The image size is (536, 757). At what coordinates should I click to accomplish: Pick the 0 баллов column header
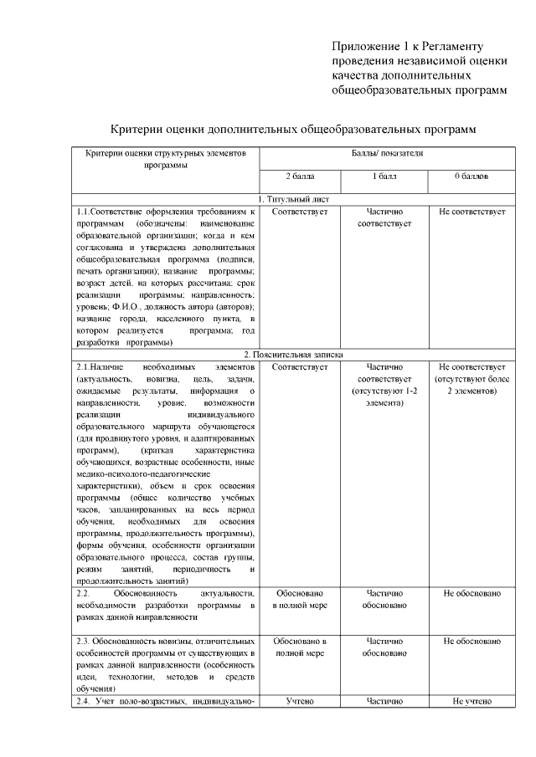tap(472, 177)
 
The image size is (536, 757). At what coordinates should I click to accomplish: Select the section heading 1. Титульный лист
tap(293, 199)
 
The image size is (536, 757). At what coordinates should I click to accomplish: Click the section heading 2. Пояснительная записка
tap(293, 355)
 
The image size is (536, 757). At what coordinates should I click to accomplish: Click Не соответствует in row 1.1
tap(472, 212)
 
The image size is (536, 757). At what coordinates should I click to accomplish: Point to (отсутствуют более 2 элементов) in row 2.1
tap(472, 385)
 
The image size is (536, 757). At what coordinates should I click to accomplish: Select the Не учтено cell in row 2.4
tap(472, 701)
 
